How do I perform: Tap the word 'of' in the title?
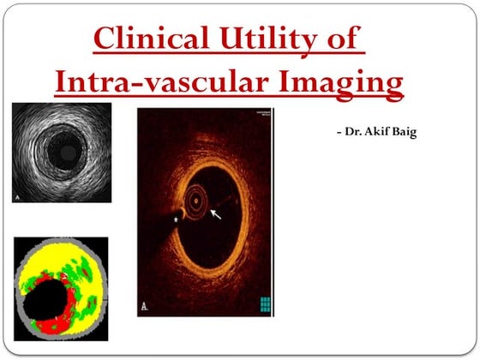[345, 39]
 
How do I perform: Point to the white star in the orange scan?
[177, 220]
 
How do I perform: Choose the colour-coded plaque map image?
[60, 286]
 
